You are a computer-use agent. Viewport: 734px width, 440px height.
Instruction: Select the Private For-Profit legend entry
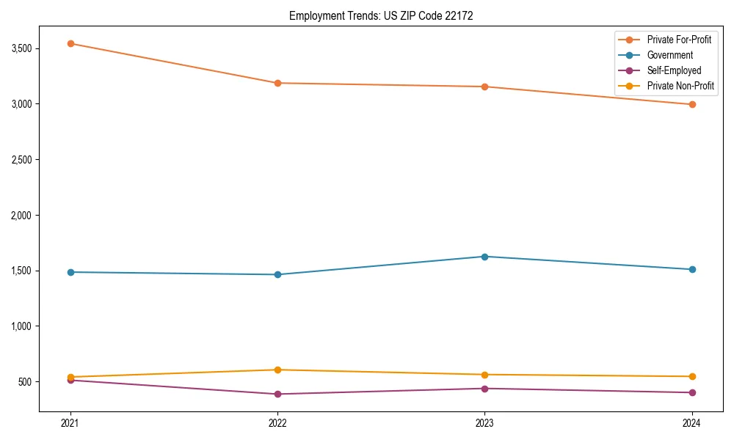click(x=679, y=40)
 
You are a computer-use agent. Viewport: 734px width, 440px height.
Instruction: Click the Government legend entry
click(x=669, y=55)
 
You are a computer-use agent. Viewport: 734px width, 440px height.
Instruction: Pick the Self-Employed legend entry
click(x=674, y=71)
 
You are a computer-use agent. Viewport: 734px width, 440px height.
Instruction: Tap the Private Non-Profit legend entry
click(x=680, y=87)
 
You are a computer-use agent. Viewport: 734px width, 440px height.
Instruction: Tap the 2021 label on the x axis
click(x=70, y=423)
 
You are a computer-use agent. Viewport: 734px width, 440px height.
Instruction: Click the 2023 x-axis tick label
click(x=484, y=423)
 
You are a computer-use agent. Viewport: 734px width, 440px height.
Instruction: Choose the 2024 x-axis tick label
click(x=691, y=423)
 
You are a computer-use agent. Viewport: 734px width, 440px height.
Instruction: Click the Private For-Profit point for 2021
click(x=70, y=43)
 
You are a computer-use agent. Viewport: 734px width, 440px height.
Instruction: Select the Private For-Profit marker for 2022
click(x=277, y=83)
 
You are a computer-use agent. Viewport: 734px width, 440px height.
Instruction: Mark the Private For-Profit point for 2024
click(x=691, y=104)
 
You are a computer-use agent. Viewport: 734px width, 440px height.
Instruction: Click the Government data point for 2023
click(x=484, y=257)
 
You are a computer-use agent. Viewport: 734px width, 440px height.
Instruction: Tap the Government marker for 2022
click(x=277, y=274)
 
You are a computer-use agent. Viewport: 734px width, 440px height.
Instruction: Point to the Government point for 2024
click(x=691, y=269)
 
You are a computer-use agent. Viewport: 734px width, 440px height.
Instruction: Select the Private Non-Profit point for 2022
click(x=277, y=370)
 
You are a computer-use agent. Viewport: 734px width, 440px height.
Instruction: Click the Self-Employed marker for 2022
click(x=277, y=394)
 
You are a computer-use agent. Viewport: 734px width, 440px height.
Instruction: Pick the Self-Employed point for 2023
click(x=484, y=389)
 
